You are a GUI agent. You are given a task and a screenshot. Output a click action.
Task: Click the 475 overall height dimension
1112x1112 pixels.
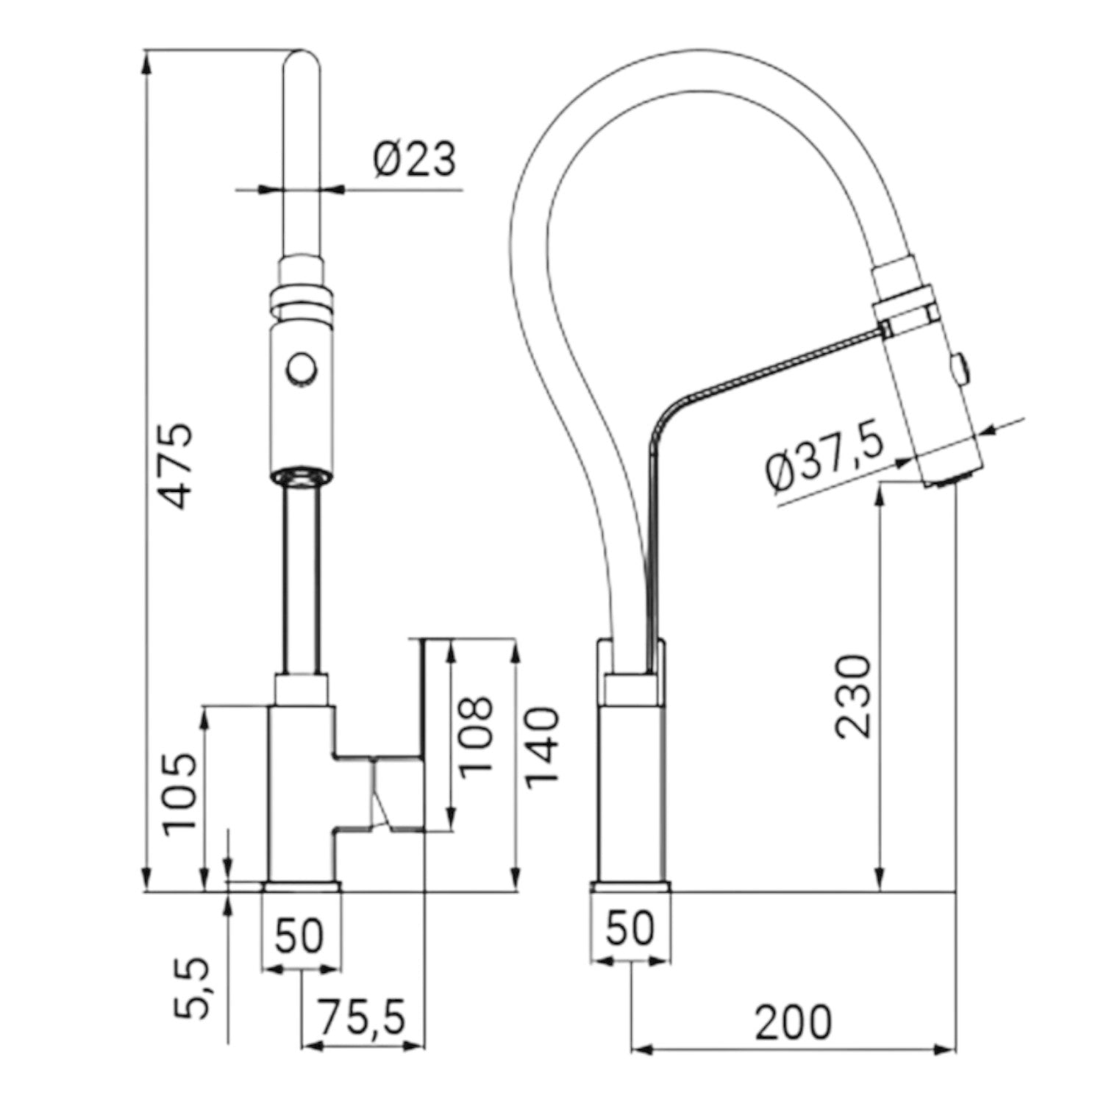pos(177,466)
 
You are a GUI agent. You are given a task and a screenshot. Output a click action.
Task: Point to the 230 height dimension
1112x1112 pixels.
pos(853,696)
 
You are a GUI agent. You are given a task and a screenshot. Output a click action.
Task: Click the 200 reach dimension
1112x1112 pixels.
pos(794,1022)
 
